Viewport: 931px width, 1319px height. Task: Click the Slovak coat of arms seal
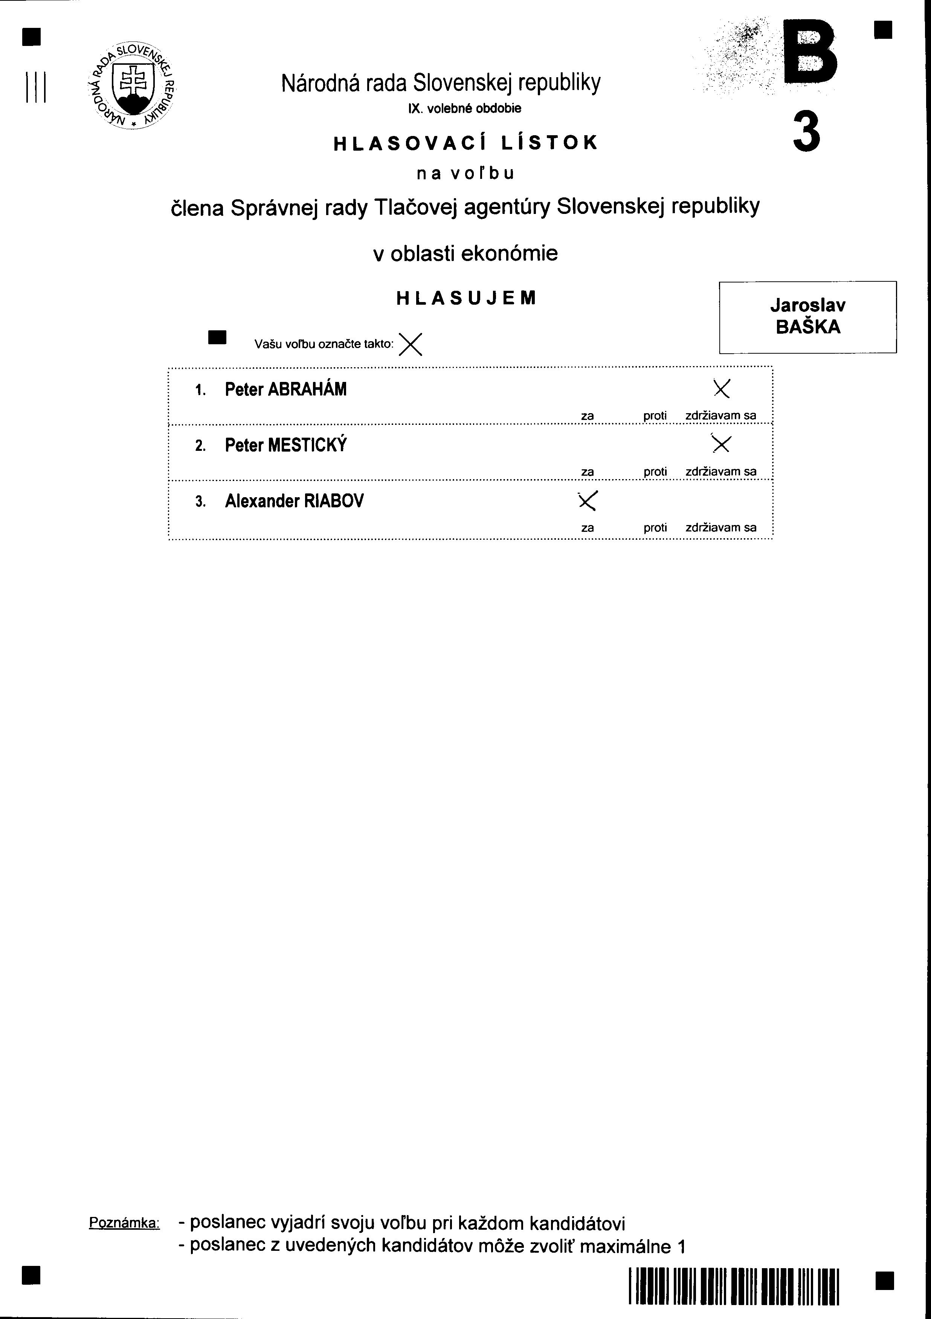(x=131, y=85)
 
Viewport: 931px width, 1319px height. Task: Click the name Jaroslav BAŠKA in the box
(x=807, y=316)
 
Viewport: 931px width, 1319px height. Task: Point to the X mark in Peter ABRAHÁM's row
(x=721, y=389)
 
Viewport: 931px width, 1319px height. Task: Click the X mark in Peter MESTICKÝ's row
(x=721, y=444)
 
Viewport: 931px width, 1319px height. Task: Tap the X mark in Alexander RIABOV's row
(x=588, y=501)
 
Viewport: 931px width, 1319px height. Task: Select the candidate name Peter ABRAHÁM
(x=285, y=389)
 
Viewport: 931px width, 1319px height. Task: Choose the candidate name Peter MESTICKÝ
(x=285, y=445)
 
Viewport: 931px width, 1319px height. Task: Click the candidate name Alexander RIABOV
(x=294, y=501)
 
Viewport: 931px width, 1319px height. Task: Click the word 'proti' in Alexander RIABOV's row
(x=655, y=527)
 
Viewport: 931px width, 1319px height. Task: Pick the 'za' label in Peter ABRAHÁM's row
(x=587, y=415)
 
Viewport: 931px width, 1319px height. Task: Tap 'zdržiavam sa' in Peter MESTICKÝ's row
(x=721, y=472)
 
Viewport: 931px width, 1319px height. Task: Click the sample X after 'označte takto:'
(x=410, y=344)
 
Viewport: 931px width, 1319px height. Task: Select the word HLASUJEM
(x=466, y=298)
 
